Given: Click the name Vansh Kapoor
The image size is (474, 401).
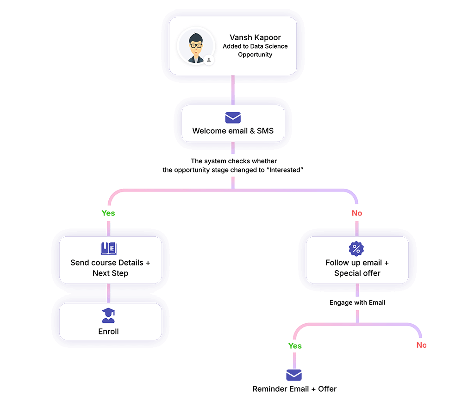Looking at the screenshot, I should [255, 37].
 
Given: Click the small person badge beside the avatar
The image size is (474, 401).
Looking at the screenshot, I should [209, 60].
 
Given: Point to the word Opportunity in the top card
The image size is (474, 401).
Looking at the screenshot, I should [255, 55].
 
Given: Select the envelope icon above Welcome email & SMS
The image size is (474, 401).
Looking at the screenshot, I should [233, 117].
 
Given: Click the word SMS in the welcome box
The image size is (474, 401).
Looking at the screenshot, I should [265, 131].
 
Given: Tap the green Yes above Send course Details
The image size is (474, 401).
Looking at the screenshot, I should [108, 213].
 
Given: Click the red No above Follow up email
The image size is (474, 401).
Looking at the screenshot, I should [356, 213].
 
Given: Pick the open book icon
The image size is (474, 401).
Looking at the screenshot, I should [109, 249].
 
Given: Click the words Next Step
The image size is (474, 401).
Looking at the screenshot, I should [110, 273].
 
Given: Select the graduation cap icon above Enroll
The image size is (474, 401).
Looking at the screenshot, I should [108, 315].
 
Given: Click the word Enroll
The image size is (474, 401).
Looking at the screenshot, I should [108, 331].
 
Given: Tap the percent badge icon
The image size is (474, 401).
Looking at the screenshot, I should [356, 249].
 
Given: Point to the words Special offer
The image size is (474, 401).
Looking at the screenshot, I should [357, 273].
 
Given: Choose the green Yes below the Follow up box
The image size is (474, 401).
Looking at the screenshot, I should [295, 345].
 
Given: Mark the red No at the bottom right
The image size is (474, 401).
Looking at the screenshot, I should [421, 345].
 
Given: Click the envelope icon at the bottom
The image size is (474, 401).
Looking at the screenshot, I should [294, 375].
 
